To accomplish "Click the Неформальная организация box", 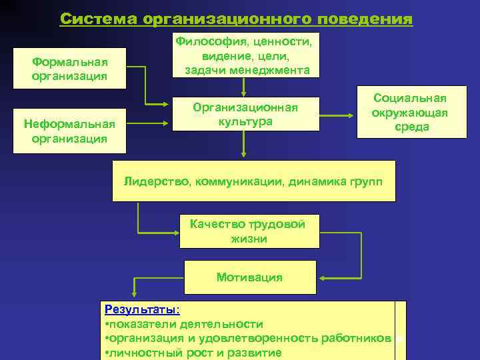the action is pyautogui.click(x=69, y=131).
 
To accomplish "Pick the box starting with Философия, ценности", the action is pyautogui.click(x=245, y=56).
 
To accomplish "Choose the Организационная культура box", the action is pyautogui.click(x=245, y=114).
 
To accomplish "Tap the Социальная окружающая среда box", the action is pyautogui.click(x=411, y=112).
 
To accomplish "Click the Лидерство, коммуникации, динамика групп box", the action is pyautogui.click(x=253, y=181).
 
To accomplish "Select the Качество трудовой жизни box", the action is pyautogui.click(x=249, y=231).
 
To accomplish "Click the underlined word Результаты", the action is pyautogui.click(x=142, y=309).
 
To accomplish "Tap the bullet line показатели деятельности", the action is pyautogui.click(x=185, y=324).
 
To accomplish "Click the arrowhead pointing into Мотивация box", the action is pyautogui.click(x=319, y=277).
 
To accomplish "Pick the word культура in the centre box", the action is pyautogui.click(x=245, y=121).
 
